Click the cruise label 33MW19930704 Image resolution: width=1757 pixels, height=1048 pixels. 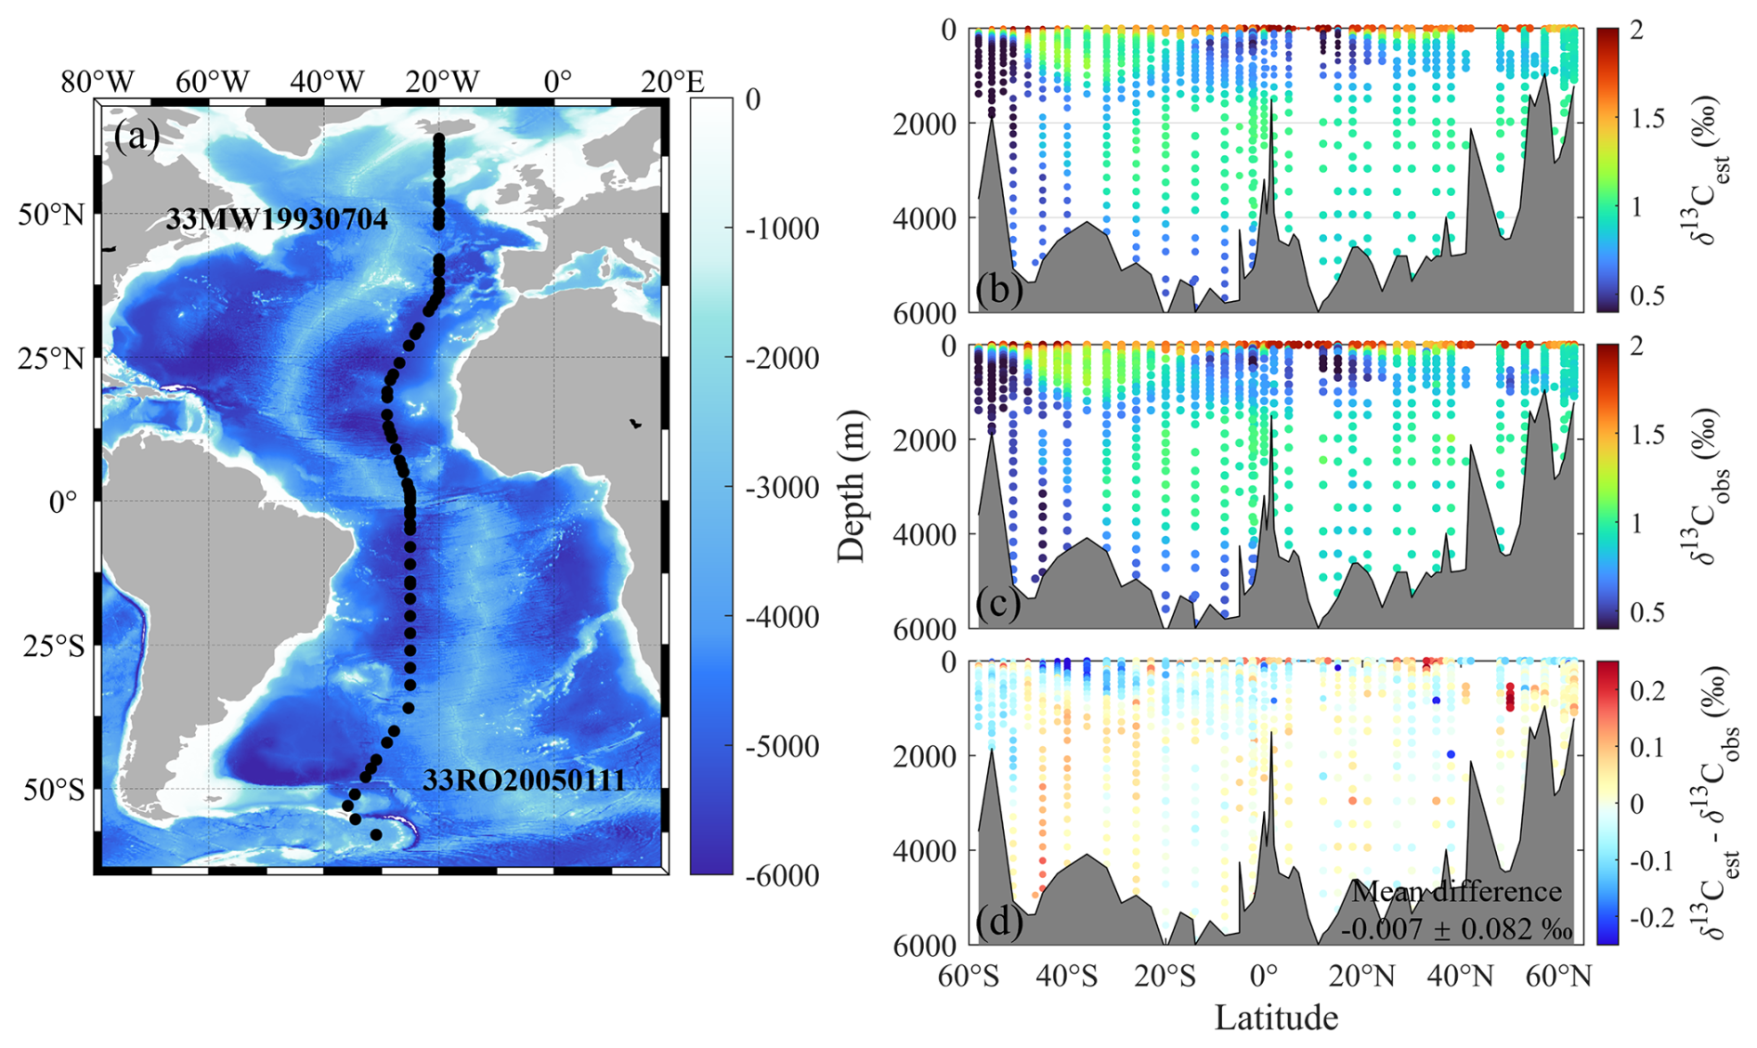pos(277,220)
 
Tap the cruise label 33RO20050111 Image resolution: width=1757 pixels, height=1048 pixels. pos(524,780)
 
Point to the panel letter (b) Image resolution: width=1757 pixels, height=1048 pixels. pos(999,290)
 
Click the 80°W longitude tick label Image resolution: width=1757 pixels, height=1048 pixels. pos(98,82)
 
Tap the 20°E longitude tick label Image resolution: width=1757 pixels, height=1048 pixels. pos(672,82)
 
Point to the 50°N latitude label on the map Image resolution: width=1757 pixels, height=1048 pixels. pos(51,215)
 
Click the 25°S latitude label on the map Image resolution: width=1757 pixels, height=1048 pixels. pos(53,646)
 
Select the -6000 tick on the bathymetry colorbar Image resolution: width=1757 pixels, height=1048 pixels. pos(782,875)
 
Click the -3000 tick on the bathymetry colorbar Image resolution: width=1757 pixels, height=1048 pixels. pos(782,487)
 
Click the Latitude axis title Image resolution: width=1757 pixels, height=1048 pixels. pos(1276,1017)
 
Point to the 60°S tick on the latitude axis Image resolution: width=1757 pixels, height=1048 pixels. pos(968,976)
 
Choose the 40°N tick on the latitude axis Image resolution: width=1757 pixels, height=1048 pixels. pos(1462,976)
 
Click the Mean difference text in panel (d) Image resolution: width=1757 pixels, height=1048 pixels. pos(1456,892)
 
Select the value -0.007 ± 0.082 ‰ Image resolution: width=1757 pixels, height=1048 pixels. pos(1456,929)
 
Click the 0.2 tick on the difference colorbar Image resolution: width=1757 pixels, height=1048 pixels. pos(1648,689)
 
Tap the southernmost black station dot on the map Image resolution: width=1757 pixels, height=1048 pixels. pos(376,834)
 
